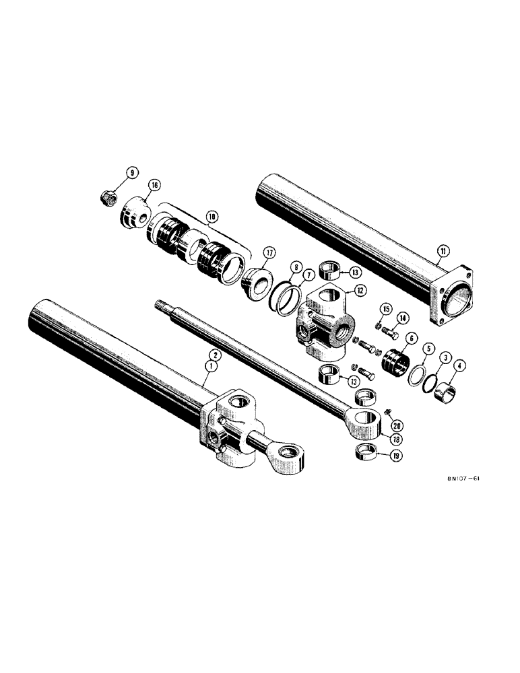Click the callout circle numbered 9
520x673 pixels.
click(x=131, y=173)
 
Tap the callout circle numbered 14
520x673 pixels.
click(x=401, y=317)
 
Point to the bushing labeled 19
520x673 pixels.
click(x=368, y=451)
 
